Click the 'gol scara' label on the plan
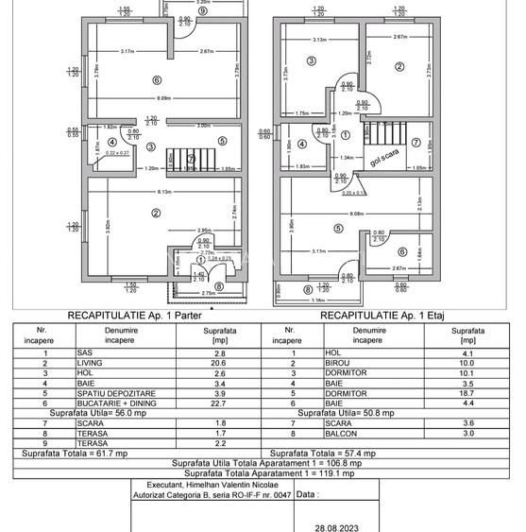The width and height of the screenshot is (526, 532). pos(384,155)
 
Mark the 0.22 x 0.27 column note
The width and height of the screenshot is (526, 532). pos(117,152)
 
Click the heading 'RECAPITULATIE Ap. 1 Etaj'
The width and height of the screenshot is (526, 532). pos(382,316)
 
